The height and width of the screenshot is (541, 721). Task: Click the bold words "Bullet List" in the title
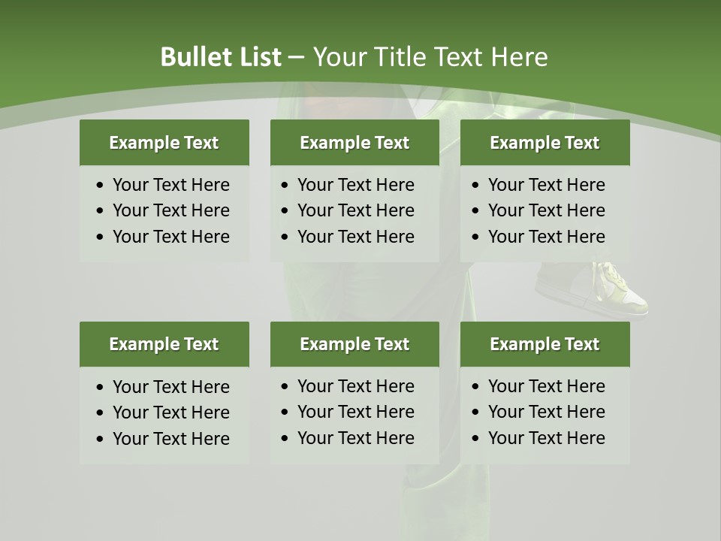click(220, 57)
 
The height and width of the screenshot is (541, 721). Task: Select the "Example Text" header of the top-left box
click(164, 143)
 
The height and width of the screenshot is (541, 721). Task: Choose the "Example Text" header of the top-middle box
click(354, 143)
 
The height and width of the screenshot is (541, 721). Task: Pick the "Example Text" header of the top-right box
click(545, 143)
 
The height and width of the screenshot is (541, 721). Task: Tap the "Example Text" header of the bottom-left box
click(164, 344)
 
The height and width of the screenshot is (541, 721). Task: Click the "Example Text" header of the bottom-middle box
click(354, 344)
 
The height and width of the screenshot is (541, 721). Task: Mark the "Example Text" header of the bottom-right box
click(545, 344)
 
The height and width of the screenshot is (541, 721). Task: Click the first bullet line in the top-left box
click(170, 185)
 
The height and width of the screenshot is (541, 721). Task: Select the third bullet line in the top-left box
click(170, 237)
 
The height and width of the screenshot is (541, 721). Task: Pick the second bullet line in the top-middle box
click(355, 210)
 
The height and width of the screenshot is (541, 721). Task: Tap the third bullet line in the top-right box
click(546, 237)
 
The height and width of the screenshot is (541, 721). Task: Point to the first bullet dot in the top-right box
click(476, 186)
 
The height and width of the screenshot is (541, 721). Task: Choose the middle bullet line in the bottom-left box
click(170, 413)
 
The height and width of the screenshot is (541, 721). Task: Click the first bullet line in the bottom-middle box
click(355, 386)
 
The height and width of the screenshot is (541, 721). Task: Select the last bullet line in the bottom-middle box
click(355, 438)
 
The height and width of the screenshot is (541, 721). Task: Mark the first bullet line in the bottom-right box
click(546, 386)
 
